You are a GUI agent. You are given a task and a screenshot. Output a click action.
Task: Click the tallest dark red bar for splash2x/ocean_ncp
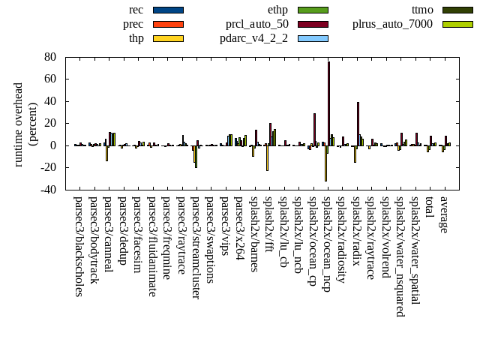(x=328, y=103)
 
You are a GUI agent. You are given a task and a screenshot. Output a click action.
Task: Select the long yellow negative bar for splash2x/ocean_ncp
(x=325, y=163)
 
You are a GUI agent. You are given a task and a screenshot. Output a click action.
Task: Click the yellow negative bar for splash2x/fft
(x=267, y=157)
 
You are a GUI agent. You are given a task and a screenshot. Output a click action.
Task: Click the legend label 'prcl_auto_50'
(x=257, y=24)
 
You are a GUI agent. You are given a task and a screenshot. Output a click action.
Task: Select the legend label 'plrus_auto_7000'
(x=392, y=24)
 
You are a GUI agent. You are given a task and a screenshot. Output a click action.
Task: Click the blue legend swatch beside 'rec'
(x=168, y=10)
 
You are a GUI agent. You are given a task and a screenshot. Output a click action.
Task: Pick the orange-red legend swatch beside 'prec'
(x=168, y=24)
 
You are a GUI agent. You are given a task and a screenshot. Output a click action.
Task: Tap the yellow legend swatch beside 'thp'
(x=168, y=38)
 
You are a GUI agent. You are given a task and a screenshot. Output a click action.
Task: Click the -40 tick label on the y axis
(x=48, y=190)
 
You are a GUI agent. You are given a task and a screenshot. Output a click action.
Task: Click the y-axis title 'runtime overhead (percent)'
(x=25, y=124)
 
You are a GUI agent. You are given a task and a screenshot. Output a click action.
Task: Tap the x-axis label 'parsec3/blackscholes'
(x=79, y=246)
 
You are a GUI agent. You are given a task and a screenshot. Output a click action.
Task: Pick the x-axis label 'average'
(x=445, y=215)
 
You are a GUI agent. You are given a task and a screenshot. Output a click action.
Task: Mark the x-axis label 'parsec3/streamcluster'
(x=196, y=247)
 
